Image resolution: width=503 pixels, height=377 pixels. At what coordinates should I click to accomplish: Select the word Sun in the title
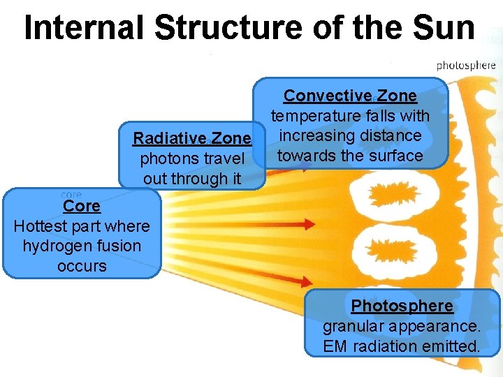click(x=445, y=28)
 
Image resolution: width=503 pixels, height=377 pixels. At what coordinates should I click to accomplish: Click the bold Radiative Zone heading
click(x=192, y=138)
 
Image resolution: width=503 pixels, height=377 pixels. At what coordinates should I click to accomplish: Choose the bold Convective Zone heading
click(x=350, y=95)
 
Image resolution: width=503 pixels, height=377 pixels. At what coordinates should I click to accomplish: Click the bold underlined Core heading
click(x=82, y=206)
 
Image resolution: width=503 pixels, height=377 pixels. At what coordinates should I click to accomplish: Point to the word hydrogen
click(x=53, y=246)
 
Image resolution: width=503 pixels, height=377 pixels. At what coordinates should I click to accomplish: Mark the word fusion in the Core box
click(x=112, y=246)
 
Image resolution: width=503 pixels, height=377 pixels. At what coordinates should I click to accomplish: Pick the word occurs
click(x=82, y=266)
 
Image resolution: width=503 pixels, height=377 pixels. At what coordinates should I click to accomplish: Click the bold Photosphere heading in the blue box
click(x=402, y=306)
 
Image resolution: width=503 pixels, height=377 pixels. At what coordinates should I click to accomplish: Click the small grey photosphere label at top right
click(x=466, y=66)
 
